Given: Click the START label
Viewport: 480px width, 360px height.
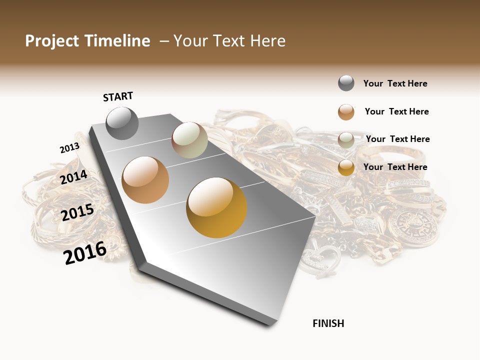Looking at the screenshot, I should (118, 96).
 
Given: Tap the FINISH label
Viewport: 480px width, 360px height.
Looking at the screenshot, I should (328, 323).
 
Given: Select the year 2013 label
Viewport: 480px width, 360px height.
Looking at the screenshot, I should (69, 148).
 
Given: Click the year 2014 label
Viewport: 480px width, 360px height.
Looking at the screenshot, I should (73, 177).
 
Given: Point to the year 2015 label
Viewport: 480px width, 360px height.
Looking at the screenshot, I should (77, 212).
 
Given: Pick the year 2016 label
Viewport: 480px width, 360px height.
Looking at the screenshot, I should (85, 252).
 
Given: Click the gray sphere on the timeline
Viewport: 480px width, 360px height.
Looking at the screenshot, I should (122, 123).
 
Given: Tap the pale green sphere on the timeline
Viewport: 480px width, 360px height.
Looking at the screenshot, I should (189, 140).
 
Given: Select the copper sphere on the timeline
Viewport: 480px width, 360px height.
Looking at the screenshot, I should (145, 180).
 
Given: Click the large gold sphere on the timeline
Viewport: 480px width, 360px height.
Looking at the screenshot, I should (216, 207).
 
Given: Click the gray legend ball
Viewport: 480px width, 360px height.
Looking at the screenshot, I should (346, 83).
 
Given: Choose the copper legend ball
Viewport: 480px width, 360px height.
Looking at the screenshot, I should (346, 112).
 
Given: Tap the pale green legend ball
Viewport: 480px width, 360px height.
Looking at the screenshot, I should (346, 140).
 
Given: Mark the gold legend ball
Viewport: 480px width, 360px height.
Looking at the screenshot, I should (346, 167).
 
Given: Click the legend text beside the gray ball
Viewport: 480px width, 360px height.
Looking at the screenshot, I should (395, 84).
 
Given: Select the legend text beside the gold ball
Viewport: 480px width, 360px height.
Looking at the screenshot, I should (395, 167).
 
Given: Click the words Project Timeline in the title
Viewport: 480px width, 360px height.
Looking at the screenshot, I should (87, 41).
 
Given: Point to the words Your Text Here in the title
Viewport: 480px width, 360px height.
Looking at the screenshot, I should (229, 41).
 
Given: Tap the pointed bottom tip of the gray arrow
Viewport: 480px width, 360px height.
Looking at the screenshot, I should (270, 325).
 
